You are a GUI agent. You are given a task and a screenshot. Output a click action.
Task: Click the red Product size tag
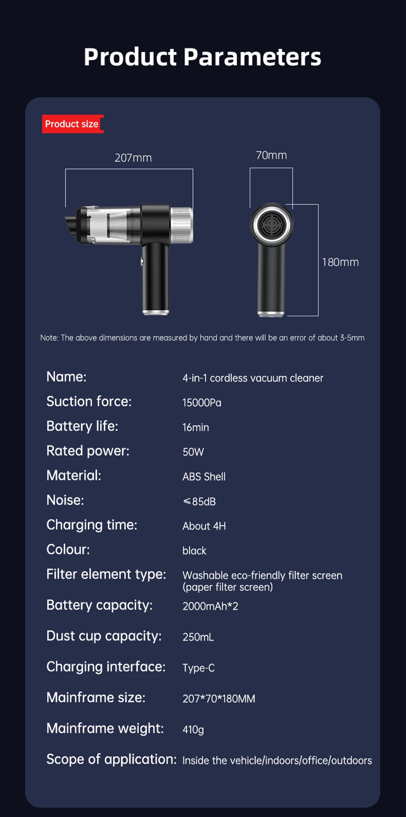pos(72,124)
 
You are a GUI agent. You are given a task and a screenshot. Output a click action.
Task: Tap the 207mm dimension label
pos(133,158)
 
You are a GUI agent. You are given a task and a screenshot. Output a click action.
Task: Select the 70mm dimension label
pos(271,155)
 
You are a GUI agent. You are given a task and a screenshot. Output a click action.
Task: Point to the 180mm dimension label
pos(340,262)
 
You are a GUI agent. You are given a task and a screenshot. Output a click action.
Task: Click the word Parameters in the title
pos(252,57)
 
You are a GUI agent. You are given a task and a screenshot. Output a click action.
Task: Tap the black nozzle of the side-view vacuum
pos(72,224)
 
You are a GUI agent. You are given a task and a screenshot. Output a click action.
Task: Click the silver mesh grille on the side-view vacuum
pos(181,225)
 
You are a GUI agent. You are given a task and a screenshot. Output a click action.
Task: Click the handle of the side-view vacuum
pos(155,279)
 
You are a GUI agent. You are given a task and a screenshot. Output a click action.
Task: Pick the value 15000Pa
pos(202,403)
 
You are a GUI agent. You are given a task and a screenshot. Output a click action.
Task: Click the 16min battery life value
pos(196,427)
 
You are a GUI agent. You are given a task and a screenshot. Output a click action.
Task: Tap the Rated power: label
pos(88,451)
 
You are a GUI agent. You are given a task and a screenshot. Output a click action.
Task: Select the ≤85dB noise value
pos(199,501)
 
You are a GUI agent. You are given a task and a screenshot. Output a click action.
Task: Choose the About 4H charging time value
pos(204,526)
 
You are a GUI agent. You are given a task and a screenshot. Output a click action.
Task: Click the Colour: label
pos(68,549)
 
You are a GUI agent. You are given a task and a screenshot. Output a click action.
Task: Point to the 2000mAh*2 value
pos(210,606)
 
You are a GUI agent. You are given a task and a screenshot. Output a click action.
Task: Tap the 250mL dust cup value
pos(198,637)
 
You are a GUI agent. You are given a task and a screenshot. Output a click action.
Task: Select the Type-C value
pos(198,668)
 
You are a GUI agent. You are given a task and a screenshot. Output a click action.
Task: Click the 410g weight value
pos(193,729)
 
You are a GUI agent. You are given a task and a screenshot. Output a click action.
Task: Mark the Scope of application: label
pos(111,759)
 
